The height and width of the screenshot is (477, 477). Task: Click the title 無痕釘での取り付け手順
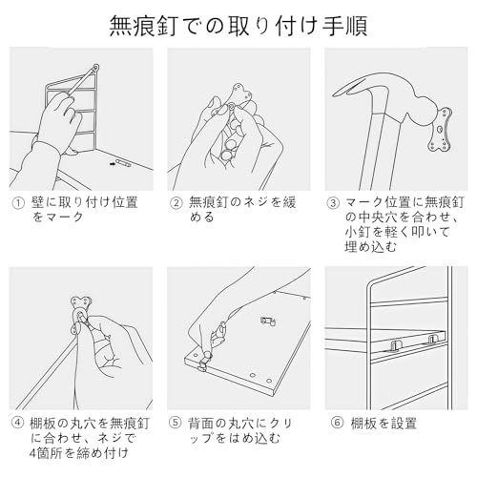point(238,22)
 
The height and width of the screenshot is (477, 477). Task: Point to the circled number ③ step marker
point(332,203)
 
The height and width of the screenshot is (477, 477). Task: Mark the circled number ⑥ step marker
point(332,420)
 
